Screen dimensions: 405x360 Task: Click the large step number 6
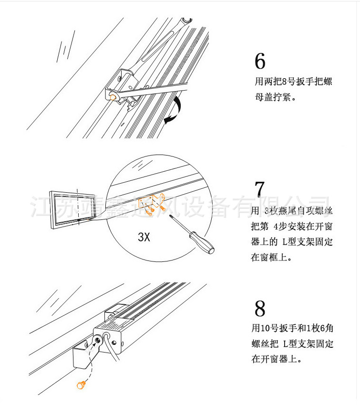(x=260, y=62)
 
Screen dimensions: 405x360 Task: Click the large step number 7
(x=259, y=189)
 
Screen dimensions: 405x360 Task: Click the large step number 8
(x=260, y=309)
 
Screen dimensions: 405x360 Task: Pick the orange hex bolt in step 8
(x=81, y=384)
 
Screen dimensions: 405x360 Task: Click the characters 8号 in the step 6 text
(x=290, y=82)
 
